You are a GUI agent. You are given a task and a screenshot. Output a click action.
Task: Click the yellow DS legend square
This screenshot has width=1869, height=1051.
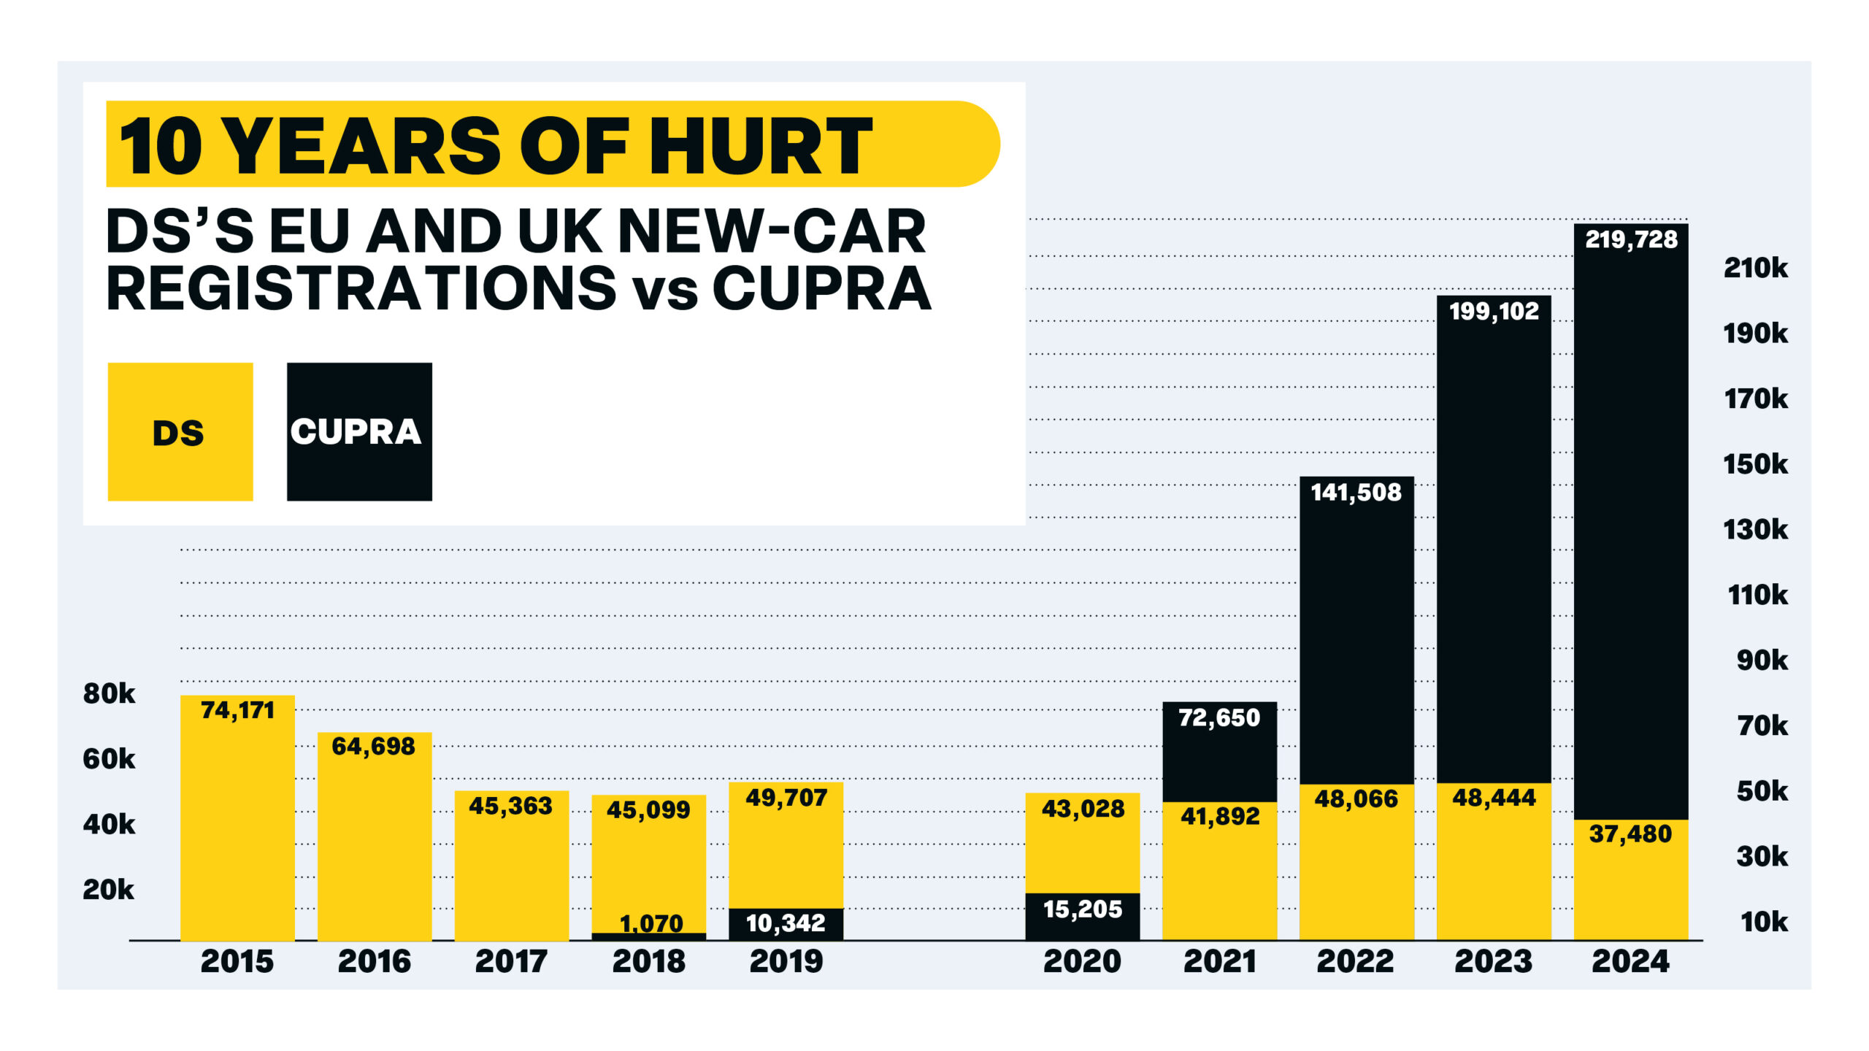point(180,431)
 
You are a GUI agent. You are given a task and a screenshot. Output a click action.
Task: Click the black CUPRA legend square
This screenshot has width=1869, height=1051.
point(358,431)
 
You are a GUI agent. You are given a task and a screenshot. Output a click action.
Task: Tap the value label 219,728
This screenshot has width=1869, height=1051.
point(1630,239)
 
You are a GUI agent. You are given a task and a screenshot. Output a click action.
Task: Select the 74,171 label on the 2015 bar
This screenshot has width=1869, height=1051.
point(237,710)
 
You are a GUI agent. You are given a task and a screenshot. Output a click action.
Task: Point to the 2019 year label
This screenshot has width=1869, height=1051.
point(786,961)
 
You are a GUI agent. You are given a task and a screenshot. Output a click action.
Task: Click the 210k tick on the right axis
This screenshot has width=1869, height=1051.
point(1755,268)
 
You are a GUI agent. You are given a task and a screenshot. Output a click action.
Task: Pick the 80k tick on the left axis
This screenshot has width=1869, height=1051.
point(109,693)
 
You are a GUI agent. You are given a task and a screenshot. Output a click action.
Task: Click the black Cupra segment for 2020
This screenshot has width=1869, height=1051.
point(1082,916)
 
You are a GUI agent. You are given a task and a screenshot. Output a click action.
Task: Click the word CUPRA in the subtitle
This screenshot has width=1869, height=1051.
point(821,288)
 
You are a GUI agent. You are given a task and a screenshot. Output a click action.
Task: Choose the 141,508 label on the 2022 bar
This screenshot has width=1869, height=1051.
point(1356,493)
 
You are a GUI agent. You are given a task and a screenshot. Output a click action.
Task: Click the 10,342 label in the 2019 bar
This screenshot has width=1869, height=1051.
point(786,923)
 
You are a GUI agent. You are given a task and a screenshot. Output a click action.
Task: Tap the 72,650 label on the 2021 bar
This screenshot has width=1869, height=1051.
point(1219,718)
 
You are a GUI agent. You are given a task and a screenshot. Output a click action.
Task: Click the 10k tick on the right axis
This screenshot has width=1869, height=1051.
point(1764,922)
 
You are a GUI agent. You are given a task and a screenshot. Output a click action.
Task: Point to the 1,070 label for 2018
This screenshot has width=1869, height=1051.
point(650,923)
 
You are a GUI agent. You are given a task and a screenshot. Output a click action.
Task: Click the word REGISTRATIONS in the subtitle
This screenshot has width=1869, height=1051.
point(361,288)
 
